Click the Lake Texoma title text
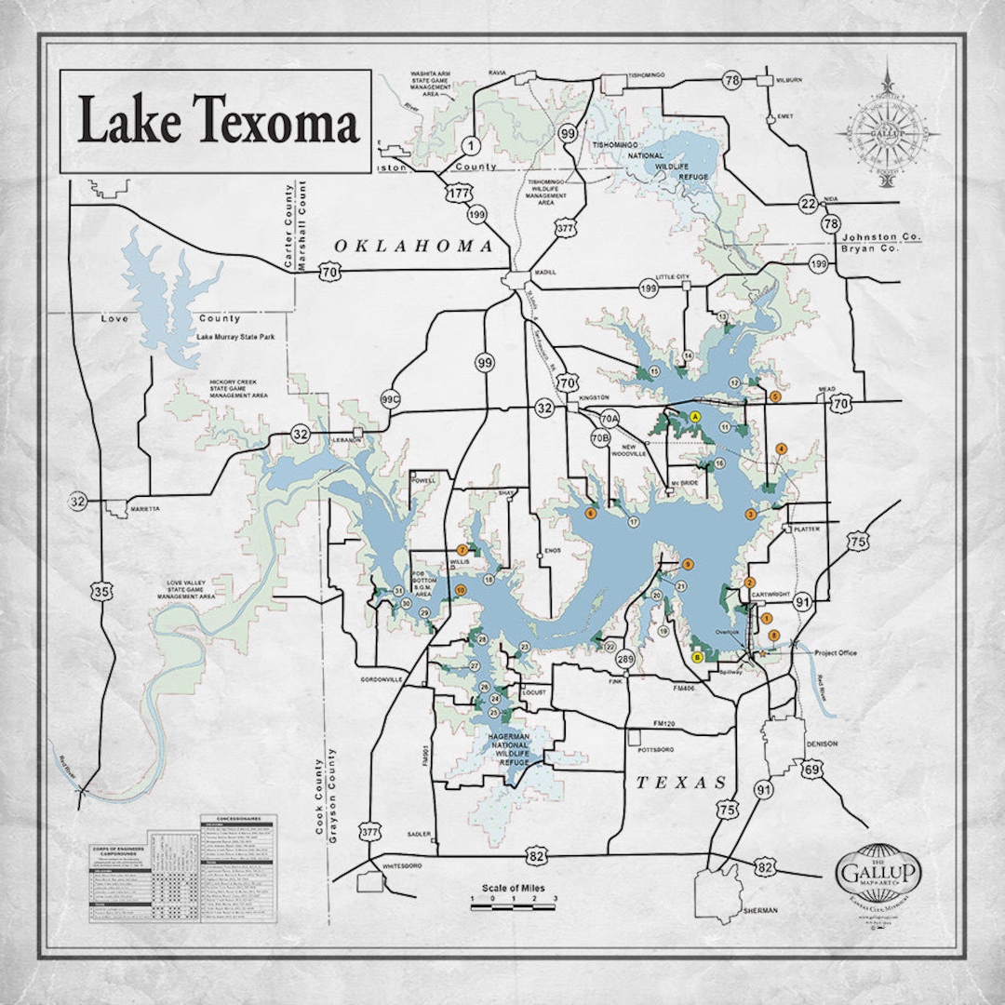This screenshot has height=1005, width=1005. [217, 122]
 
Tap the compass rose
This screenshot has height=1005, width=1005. [888, 131]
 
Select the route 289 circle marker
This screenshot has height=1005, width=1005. [625, 660]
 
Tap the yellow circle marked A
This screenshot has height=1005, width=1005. [695, 417]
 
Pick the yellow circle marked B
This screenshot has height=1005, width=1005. [698, 657]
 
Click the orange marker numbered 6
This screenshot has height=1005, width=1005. [590, 512]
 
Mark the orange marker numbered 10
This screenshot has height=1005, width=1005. [460, 590]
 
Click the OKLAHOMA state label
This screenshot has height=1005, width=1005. [413, 247]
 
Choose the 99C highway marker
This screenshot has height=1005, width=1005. [390, 400]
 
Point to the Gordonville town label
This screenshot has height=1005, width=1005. [382, 680]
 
